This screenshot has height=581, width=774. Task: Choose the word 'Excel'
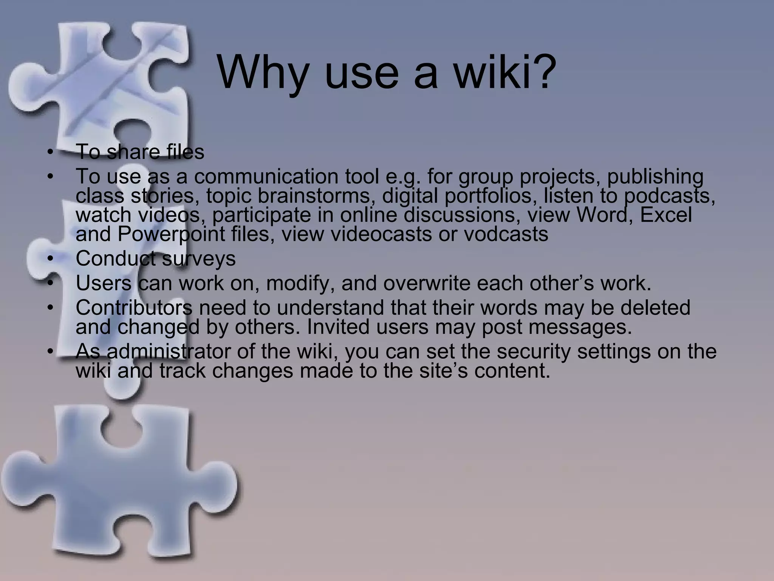coord(666,215)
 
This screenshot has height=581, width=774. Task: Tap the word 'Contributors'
coord(134,308)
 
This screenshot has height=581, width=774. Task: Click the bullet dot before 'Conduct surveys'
coord(50,259)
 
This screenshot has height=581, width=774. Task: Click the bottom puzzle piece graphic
coord(113,480)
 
